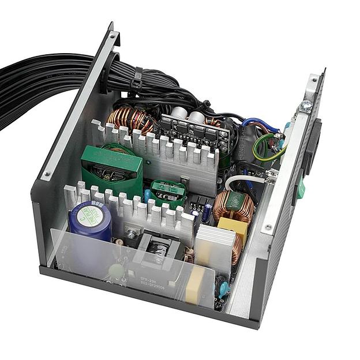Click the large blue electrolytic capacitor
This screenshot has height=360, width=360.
pos(90,219)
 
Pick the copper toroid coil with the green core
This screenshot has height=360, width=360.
pos(234,205)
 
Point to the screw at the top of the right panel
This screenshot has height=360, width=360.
pos(306,106)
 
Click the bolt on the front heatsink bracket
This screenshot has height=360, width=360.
pos(132,234)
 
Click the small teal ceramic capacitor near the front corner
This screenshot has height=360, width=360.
pos(222,288)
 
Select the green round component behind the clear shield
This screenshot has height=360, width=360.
pos(117,271)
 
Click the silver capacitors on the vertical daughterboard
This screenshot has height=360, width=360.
pos(187,115)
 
